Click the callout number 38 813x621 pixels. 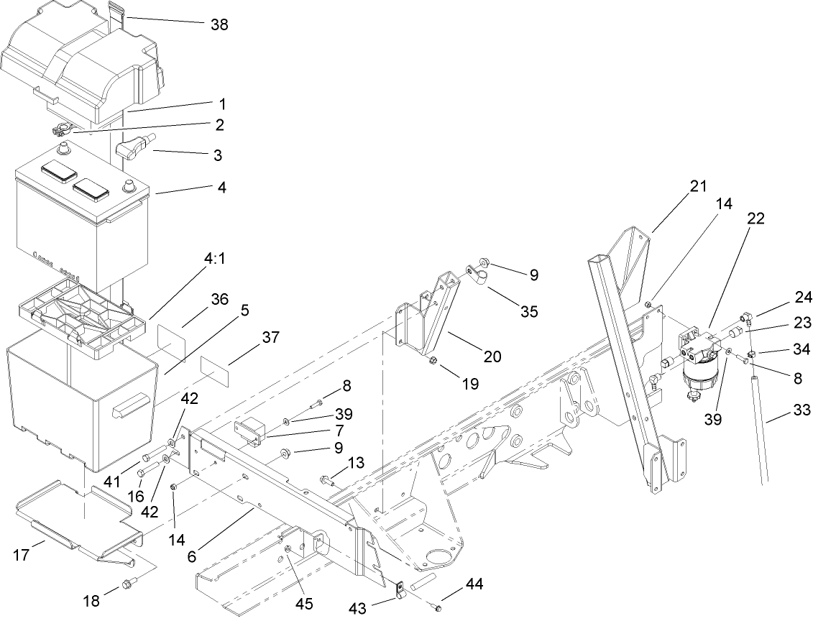click(x=219, y=24)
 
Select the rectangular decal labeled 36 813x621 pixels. click(x=171, y=338)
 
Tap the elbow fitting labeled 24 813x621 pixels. click(x=745, y=317)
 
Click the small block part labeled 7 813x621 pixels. click(x=250, y=433)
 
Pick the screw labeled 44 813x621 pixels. click(x=437, y=608)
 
